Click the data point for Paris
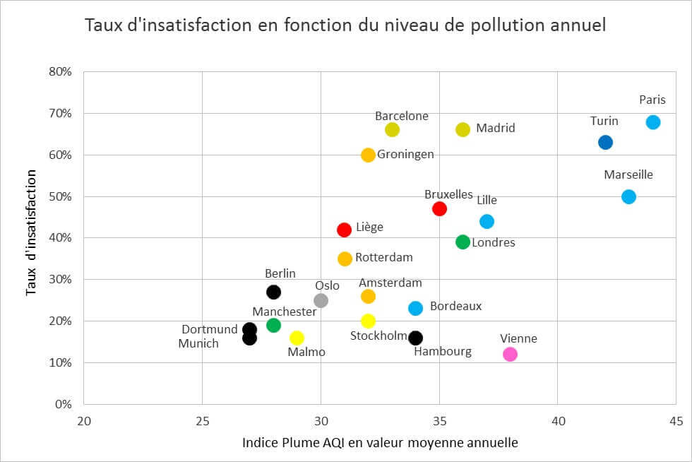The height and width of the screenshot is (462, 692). (652, 122)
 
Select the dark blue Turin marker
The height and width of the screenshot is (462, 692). (605, 142)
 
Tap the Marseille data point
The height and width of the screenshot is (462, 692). (628, 196)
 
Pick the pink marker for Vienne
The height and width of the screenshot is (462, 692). (510, 354)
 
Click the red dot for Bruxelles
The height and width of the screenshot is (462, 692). (439, 208)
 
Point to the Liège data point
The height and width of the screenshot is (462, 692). (344, 230)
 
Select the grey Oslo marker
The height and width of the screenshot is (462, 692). (321, 300)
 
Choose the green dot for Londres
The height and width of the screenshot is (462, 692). (463, 242)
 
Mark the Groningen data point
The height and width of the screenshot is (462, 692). (368, 155)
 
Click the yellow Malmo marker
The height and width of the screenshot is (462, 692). (297, 338)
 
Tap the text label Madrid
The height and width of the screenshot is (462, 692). (495, 128)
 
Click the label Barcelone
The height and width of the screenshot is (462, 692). (401, 116)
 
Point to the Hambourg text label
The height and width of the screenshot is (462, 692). (442, 351)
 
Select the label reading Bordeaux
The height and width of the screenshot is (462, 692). (455, 306)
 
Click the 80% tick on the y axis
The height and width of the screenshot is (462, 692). (59, 72)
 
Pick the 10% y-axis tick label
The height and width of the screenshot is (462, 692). (59, 363)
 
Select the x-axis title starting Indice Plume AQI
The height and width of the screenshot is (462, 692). (380, 443)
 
